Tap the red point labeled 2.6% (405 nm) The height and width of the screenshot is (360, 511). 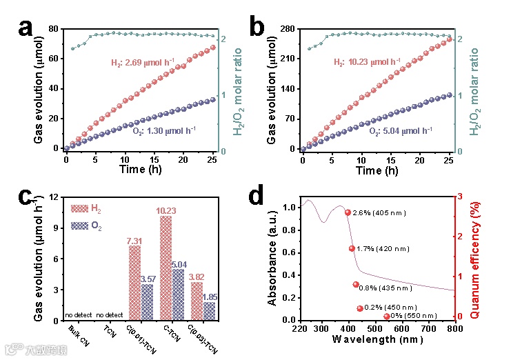tap(348, 212)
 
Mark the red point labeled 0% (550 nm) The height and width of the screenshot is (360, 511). tap(386, 317)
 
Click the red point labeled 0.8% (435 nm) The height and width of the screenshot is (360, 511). tap(356, 284)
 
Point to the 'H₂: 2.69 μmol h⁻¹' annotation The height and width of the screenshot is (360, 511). tap(146, 62)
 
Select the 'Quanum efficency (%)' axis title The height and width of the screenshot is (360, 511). tap(474, 257)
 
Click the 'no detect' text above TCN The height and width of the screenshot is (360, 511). tap(108, 315)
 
